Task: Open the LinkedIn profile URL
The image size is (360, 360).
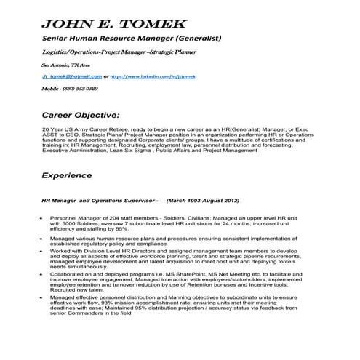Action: point(153,75)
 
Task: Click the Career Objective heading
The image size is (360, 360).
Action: point(81,114)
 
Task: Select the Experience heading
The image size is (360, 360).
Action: point(66,175)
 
